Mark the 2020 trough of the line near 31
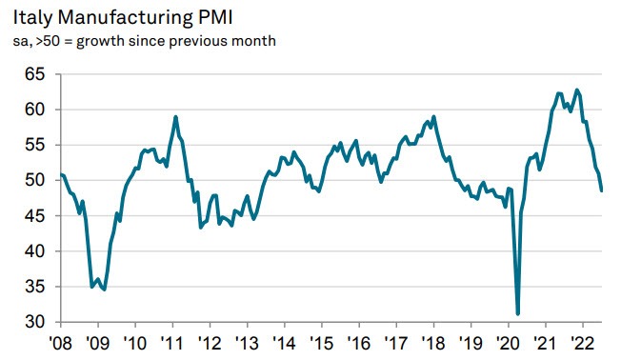point(517,313)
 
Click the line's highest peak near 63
point(577,90)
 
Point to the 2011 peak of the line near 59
point(176,116)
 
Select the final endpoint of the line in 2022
point(602,190)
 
